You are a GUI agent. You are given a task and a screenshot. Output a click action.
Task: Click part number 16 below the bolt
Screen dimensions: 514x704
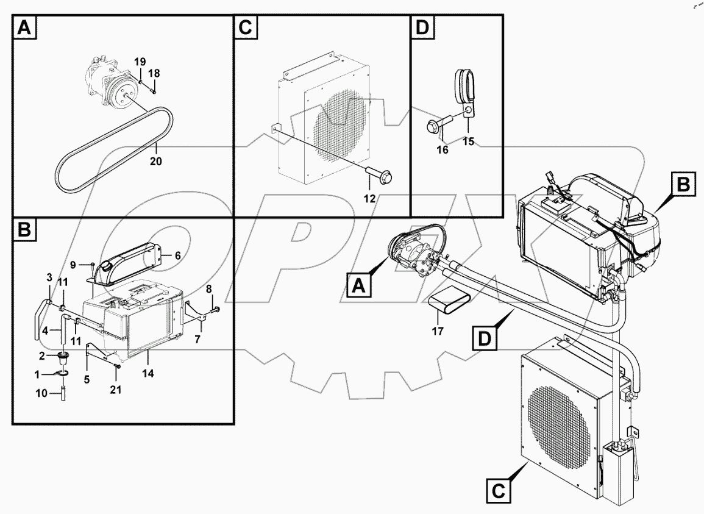[x=443, y=149]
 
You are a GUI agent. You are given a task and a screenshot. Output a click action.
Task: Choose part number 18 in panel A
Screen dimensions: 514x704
[x=154, y=73]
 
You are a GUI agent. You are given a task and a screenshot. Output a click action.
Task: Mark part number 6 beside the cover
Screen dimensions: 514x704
[x=179, y=257]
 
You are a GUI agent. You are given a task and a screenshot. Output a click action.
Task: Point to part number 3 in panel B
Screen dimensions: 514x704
[x=50, y=278]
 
